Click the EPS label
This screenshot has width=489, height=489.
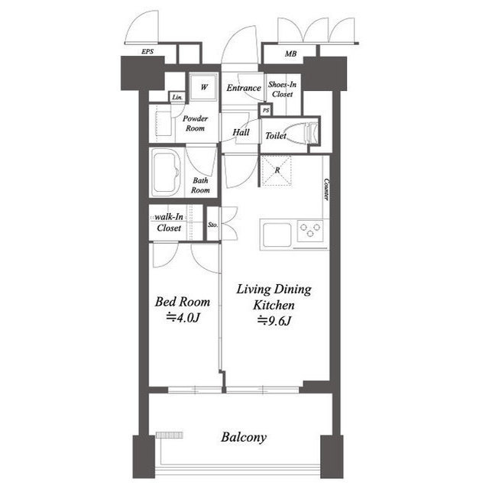147,51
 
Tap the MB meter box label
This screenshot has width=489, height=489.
290,54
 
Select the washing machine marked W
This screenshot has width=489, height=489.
203,87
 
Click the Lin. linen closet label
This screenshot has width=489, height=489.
177,97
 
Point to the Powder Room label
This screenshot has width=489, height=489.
196,123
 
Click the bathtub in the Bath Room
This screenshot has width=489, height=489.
167,173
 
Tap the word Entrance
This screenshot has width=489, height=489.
244,88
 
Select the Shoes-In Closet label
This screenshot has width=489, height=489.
282,89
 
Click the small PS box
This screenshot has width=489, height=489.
266,110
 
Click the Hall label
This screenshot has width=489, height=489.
241,132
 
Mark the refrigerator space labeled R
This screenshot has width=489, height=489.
277,170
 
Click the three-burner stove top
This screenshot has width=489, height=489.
310,231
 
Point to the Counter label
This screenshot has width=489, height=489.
326,189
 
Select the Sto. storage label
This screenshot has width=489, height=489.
212,225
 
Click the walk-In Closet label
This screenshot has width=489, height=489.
169,222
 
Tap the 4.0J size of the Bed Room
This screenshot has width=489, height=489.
183,318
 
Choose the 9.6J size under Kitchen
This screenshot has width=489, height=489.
274,321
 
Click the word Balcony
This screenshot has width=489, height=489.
244,437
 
